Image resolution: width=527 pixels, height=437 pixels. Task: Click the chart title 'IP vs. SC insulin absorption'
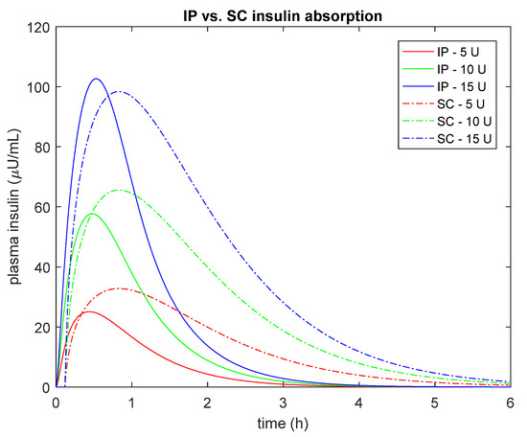(x=286, y=12)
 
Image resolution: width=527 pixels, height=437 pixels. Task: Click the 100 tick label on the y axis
(x=37, y=87)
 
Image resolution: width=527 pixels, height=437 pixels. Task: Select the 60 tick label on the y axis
(x=40, y=207)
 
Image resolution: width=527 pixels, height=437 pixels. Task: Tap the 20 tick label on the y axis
(x=40, y=328)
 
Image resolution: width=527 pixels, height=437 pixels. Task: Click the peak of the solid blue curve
(x=96, y=79)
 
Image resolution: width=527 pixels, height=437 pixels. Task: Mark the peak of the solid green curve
(x=92, y=214)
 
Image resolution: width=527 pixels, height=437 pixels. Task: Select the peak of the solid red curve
(x=88, y=311)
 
